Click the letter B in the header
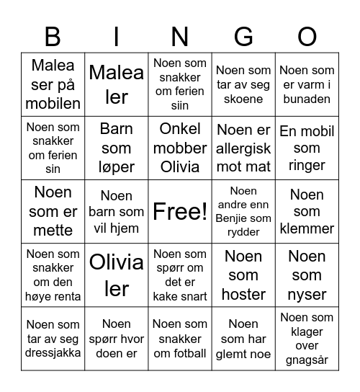point(53,35)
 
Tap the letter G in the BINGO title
point(243,35)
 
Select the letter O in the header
point(307,35)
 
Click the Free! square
point(180,211)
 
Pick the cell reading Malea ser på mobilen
point(53,84)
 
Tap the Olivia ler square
point(117,275)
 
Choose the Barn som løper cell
point(117,148)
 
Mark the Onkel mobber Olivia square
point(180,148)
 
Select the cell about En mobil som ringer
point(307,148)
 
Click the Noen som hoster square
point(243,275)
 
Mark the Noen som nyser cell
point(307,275)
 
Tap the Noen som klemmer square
point(307,211)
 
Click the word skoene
point(243,99)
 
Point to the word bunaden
point(307,99)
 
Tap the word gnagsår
point(307,360)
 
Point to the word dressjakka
point(53,353)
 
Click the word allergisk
point(243,148)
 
